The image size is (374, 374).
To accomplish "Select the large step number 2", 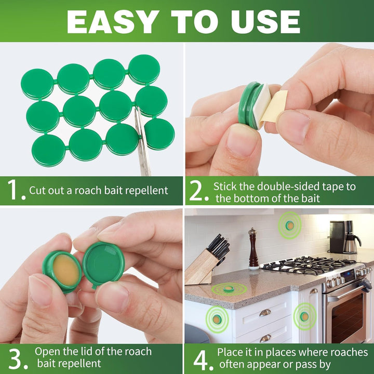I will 198,191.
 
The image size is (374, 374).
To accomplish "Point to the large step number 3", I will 16,358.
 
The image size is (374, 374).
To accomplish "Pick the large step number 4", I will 199,358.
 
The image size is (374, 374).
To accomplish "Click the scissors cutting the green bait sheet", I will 142,145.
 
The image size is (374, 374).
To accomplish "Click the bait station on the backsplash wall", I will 289,225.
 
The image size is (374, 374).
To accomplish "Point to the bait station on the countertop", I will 228,288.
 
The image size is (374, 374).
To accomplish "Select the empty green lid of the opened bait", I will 104,263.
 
